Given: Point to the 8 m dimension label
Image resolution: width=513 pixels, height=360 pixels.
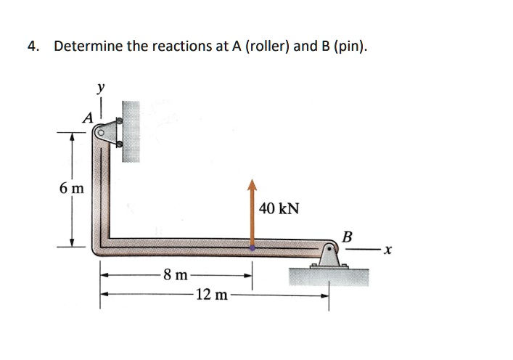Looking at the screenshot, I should pyautogui.click(x=176, y=275).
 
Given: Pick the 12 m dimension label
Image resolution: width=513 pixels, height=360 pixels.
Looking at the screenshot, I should pyautogui.click(x=210, y=295).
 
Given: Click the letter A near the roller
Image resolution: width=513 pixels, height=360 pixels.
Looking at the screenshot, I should pyautogui.click(x=88, y=118).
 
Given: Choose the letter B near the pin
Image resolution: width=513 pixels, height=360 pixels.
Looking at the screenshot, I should pyautogui.click(x=347, y=237).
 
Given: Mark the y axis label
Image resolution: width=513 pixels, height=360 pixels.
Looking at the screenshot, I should pyautogui.click(x=101, y=87).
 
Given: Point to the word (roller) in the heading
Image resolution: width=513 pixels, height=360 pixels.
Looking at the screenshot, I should pyautogui.click(x=268, y=47).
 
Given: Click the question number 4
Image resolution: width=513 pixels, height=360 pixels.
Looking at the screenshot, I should pyautogui.click(x=31, y=47).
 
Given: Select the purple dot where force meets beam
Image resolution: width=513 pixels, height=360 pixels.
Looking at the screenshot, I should pyautogui.click(x=252, y=247).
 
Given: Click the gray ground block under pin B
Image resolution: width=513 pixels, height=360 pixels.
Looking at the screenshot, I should pyautogui.click(x=329, y=276).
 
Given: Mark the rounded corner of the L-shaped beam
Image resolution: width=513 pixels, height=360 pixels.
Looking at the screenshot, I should pyautogui.click(x=100, y=245).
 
